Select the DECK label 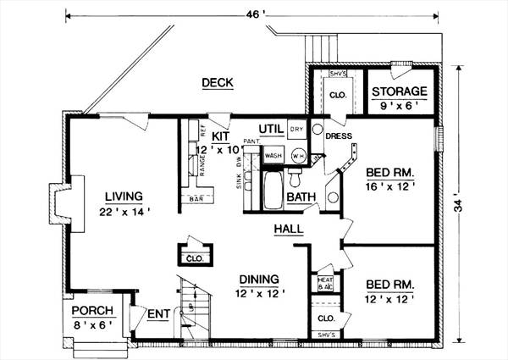tap(218, 82)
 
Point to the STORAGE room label tap(400, 91)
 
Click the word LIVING tap(118, 197)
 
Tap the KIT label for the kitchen tap(221, 135)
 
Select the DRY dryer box tap(296, 130)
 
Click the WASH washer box tap(273, 157)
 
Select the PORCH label tap(92, 309)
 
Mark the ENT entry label tap(158, 314)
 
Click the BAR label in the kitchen tap(196, 201)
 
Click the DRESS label tap(339, 135)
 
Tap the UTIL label tap(271, 129)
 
